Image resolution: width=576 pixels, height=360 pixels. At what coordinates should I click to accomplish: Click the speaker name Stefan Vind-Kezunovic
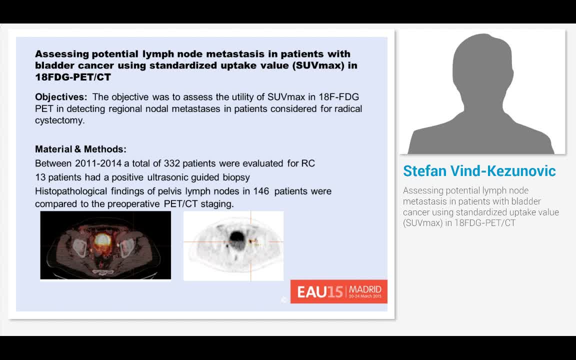479,171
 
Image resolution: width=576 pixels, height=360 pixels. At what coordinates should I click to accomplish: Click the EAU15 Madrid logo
339,291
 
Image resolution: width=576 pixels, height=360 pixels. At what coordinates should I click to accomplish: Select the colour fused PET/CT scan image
105,245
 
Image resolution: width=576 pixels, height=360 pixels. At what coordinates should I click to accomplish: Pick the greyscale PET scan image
233,245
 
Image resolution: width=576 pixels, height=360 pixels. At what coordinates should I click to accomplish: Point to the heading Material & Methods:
80,149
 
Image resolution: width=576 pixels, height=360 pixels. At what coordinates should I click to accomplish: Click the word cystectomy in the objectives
59,120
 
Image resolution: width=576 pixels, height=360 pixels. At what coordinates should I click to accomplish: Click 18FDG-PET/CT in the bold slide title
73,77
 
